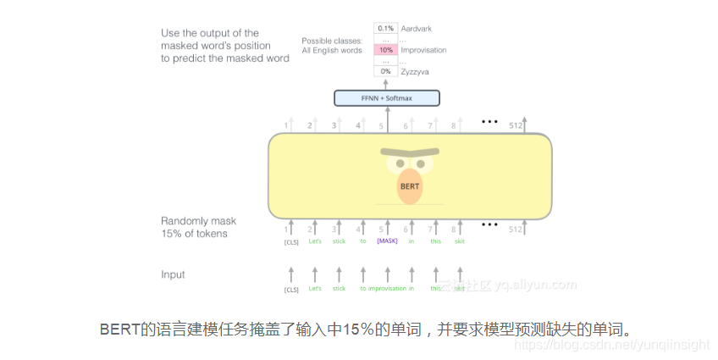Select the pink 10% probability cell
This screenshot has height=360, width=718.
pyautogui.click(x=385, y=50)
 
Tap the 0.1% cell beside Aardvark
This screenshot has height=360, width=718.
pyautogui.click(x=385, y=29)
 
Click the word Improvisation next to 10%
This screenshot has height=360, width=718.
pyautogui.click(x=423, y=50)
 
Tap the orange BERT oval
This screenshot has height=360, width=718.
pyautogui.click(x=410, y=186)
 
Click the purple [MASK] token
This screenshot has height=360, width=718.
pyautogui.click(x=387, y=241)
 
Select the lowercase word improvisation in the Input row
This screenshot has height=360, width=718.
pyautogui.click(x=387, y=289)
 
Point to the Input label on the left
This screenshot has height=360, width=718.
pyautogui.click(x=173, y=274)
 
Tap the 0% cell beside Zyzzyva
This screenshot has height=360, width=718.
pyautogui.click(x=385, y=72)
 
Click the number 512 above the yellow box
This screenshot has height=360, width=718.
pyautogui.click(x=515, y=126)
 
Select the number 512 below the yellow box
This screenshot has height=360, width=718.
pyautogui.click(x=515, y=229)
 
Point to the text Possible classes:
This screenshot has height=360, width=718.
pyautogui.click(x=332, y=41)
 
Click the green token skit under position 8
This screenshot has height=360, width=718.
pyautogui.click(x=459, y=241)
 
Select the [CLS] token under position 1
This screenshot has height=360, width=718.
pyautogui.click(x=290, y=241)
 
